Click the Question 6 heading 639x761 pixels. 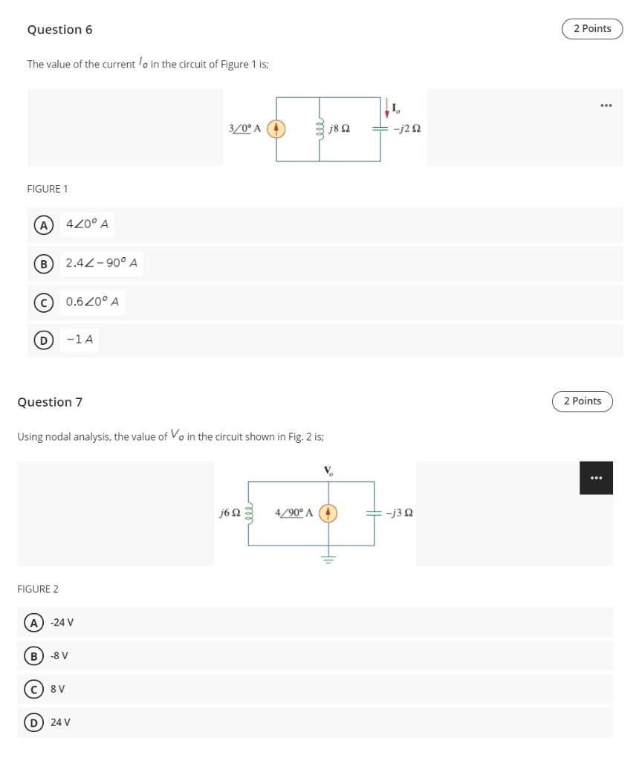pyautogui.click(x=59, y=30)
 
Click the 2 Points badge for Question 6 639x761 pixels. pyautogui.click(x=591, y=29)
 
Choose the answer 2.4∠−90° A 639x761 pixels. pyautogui.click(x=101, y=263)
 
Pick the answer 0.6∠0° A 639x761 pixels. pyautogui.click(x=92, y=302)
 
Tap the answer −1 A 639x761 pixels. pyautogui.click(x=80, y=340)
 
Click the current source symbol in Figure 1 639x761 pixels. pyautogui.click(x=276, y=129)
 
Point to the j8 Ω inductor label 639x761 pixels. pyautogui.click(x=340, y=129)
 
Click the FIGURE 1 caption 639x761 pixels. pyautogui.click(x=48, y=189)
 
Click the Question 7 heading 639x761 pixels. pyautogui.click(x=50, y=402)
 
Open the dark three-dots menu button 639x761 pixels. pyautogui.click(x=596, y=478)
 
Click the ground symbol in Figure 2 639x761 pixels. pyautogui.click(x=328, y=559)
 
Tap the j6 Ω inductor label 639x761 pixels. pyautogui.click(x=230, y=513)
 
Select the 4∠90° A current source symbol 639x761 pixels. pyautogui.click(x=328, y=513)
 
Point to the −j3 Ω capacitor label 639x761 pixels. pyautogui.click(x=399, y=513)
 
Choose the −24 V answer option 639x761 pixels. pyautogui.click(x=62, y=622)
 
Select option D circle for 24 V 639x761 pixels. pyautogui.click(x=32, y=722)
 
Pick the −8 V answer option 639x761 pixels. pyautogui.click(x=59, y=655)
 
